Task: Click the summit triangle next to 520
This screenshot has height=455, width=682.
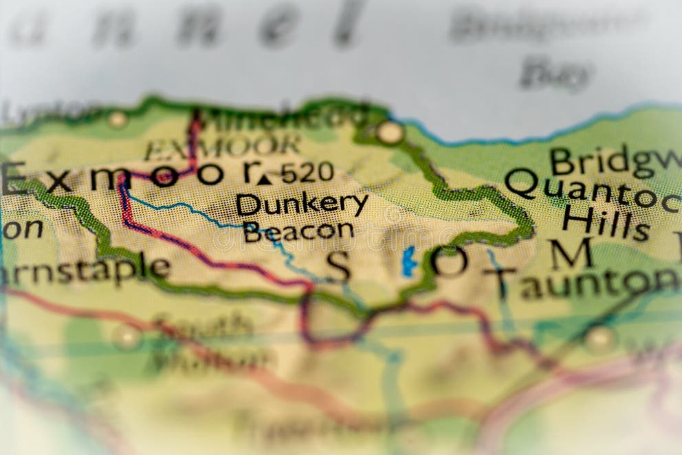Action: (x=265, y=179)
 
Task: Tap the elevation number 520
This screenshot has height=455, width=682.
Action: (x=307, y=172)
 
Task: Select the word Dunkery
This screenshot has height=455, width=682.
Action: (x=301, y=204)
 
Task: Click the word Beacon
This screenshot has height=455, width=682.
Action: (x=298, y=231)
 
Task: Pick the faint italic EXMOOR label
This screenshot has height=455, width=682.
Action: (x=222, y=146)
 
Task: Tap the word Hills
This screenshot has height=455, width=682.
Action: (x=605, y=222)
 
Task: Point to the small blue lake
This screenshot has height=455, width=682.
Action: (x=409, y=262)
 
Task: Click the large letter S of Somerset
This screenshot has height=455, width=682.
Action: (x=338, y=267)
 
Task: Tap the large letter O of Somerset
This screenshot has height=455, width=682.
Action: (x=449, y=262)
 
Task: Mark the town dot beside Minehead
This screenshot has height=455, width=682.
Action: (x=390, y=132)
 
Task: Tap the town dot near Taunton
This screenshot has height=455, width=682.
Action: (x=598, y=337)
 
